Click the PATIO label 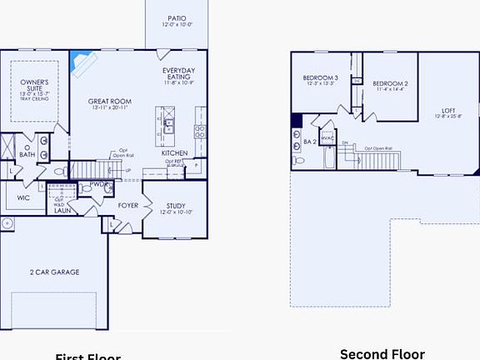176,17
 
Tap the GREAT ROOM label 109,101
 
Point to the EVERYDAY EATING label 179,73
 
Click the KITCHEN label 174,153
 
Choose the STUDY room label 177,205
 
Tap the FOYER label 127,204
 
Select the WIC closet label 22,198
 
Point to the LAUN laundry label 62,211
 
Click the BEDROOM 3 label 320,78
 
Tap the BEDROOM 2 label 390,84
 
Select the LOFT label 449,111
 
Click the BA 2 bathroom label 309,142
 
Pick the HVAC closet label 327,137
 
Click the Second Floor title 382,353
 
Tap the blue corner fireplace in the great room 82,62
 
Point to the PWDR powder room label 99,184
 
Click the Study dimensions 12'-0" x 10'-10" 176,212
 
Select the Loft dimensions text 449,117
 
